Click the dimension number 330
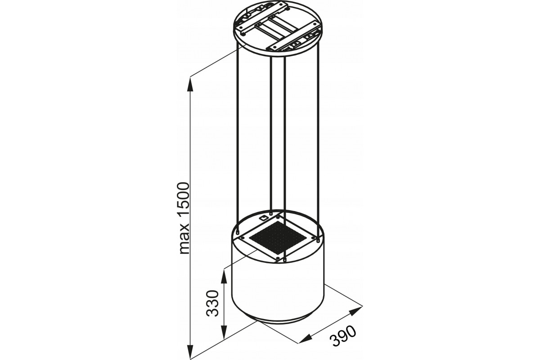pos(212,303)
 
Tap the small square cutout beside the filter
pos(262,218)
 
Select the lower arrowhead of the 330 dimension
pos(224,333)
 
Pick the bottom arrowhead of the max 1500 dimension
pos(190,351)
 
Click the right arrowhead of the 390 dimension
pos(356,311)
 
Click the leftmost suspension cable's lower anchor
pos(238,232)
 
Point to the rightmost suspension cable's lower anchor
pos(318,240)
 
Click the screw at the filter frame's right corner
pos(313,238)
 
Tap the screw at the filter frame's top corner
pos(278,217)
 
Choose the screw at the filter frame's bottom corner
pos(278,258)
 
